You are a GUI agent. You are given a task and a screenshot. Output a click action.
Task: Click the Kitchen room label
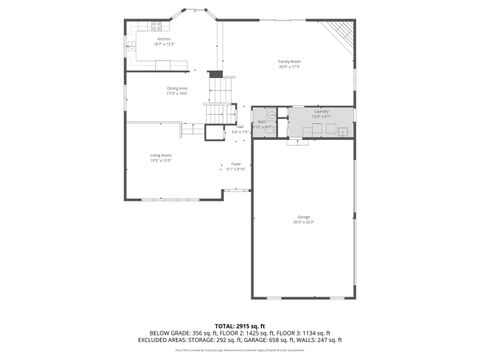pos(164,42)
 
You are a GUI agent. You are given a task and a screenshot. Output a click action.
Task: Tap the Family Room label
pos(289,64)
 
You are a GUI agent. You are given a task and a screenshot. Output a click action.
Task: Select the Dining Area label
pos(178,90)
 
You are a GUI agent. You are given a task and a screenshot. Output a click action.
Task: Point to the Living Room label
pos(160,157)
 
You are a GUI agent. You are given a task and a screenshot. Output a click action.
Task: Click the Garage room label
pos(303,220)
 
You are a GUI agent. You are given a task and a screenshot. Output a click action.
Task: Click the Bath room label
pos(262,125)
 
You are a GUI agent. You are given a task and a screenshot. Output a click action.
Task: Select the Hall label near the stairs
pos(240,128)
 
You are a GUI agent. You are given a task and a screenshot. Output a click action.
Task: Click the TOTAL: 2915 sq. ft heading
pos(239,325)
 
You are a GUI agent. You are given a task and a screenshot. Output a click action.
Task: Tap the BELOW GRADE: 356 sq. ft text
pos(183,332)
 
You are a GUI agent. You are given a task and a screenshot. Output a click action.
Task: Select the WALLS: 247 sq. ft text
pos(315,339)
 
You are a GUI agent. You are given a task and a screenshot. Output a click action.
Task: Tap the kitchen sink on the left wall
pos(130,45)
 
